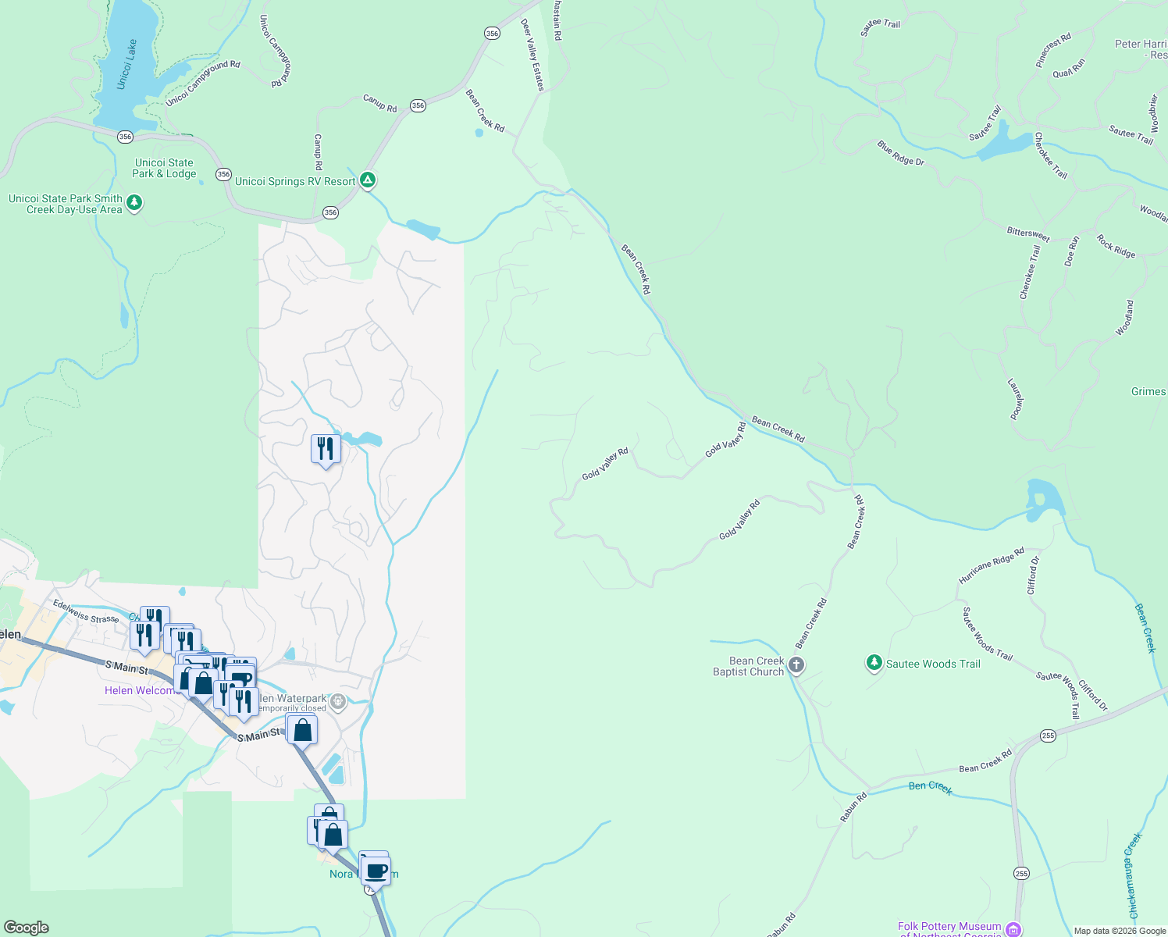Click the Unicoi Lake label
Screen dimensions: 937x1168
[x=127, y=64]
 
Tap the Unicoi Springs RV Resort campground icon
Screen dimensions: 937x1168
[x=368, y=181]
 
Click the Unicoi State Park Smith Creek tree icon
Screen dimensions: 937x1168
[x=134, y=203]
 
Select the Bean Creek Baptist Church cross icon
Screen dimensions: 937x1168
[x=796, y=665]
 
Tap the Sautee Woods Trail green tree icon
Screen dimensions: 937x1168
[x=874, y=663]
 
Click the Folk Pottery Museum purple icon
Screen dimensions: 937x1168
[x=1013, y=928]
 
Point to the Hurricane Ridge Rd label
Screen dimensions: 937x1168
[x=991, y=566]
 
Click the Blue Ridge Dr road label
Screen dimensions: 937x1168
[x=900, y=153]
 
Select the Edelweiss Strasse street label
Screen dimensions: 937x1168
[x=86, y=611]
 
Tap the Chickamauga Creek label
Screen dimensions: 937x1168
[x=1134, y=875]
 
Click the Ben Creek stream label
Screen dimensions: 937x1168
[x=930, y=786]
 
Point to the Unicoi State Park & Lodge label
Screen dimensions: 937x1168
[x=164, y=168]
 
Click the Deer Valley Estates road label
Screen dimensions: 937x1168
[x=532, y=55]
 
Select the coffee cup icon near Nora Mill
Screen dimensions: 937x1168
[x=376, y=870]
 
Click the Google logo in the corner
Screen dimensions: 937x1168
[x=27, y=928]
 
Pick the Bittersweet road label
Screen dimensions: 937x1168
[x=1027, y=233]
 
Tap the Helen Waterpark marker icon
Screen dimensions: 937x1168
[x=338, y=701]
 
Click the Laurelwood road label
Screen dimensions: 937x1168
[x=1015, y=399]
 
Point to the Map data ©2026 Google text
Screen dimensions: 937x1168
[x=1119, y=931]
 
